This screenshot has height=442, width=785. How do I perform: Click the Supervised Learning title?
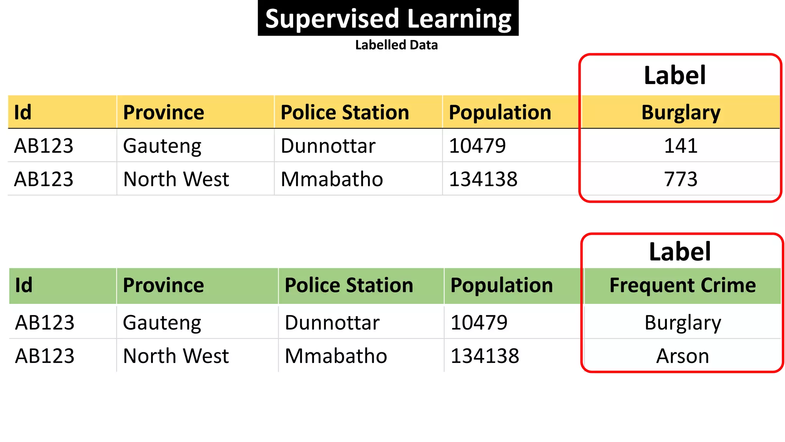pos(388,18)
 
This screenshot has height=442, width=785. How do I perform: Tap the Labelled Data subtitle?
pos(396,45)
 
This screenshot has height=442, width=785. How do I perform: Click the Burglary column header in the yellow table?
pos(681,112)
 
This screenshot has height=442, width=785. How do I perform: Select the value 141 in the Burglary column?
pos(681,146)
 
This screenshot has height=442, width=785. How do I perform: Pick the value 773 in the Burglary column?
pos(681,179)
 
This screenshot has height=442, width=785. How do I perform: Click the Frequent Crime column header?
pos(683,285)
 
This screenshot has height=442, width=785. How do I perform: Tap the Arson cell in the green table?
pos(683,356)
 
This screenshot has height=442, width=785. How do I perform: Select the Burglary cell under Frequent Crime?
pos(683,323)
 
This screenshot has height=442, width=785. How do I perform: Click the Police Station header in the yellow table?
pos(345,112)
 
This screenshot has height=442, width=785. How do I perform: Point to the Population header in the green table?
pos(502,285)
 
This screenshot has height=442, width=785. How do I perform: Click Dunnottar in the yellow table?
pos(328,146)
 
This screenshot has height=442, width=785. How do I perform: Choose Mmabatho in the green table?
pos(336,356)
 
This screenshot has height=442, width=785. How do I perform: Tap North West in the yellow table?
pos(176,179)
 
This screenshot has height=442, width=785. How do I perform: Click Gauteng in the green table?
pos(162,323)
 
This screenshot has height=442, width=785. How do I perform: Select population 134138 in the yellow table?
pos(483,179)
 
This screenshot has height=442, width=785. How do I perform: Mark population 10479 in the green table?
pos(479,323)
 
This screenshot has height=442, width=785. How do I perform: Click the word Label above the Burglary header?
pos(675,75)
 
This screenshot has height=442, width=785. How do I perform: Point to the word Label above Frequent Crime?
pos(680,252)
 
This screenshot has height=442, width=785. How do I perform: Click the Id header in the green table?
pos(24,285)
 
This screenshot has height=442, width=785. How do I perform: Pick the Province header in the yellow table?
pos(164,112)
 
